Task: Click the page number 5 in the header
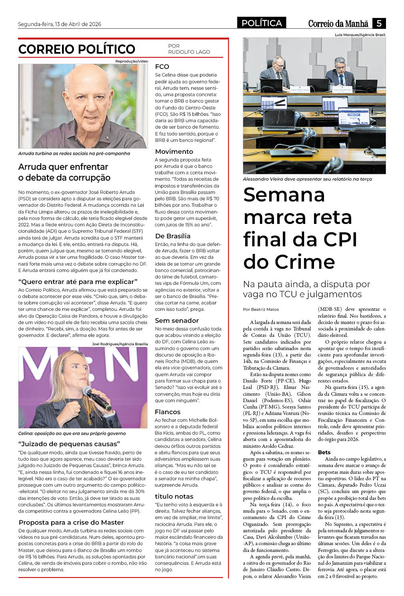pos(378,23)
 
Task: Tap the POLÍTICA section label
pos(262,23)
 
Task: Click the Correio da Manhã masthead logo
pos(338,24)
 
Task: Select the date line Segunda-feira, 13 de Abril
pos(60,24)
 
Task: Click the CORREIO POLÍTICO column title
pos(77,49)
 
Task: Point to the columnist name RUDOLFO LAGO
pos(189,52)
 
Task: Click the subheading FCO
pos(162,66)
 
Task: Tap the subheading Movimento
pos(174,151)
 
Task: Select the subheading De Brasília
pos(173,236)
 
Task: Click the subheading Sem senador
pos(177,320)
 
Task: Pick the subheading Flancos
pos(168,412)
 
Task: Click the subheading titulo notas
pos(174,496)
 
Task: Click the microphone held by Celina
pos(96,397)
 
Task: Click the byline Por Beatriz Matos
pos(261,309)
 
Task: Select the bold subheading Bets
pos(324,452)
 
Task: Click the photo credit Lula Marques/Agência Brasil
pos(360,35)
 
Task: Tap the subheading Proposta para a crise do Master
pos(71,522)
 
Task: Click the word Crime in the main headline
pos(304,262)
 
